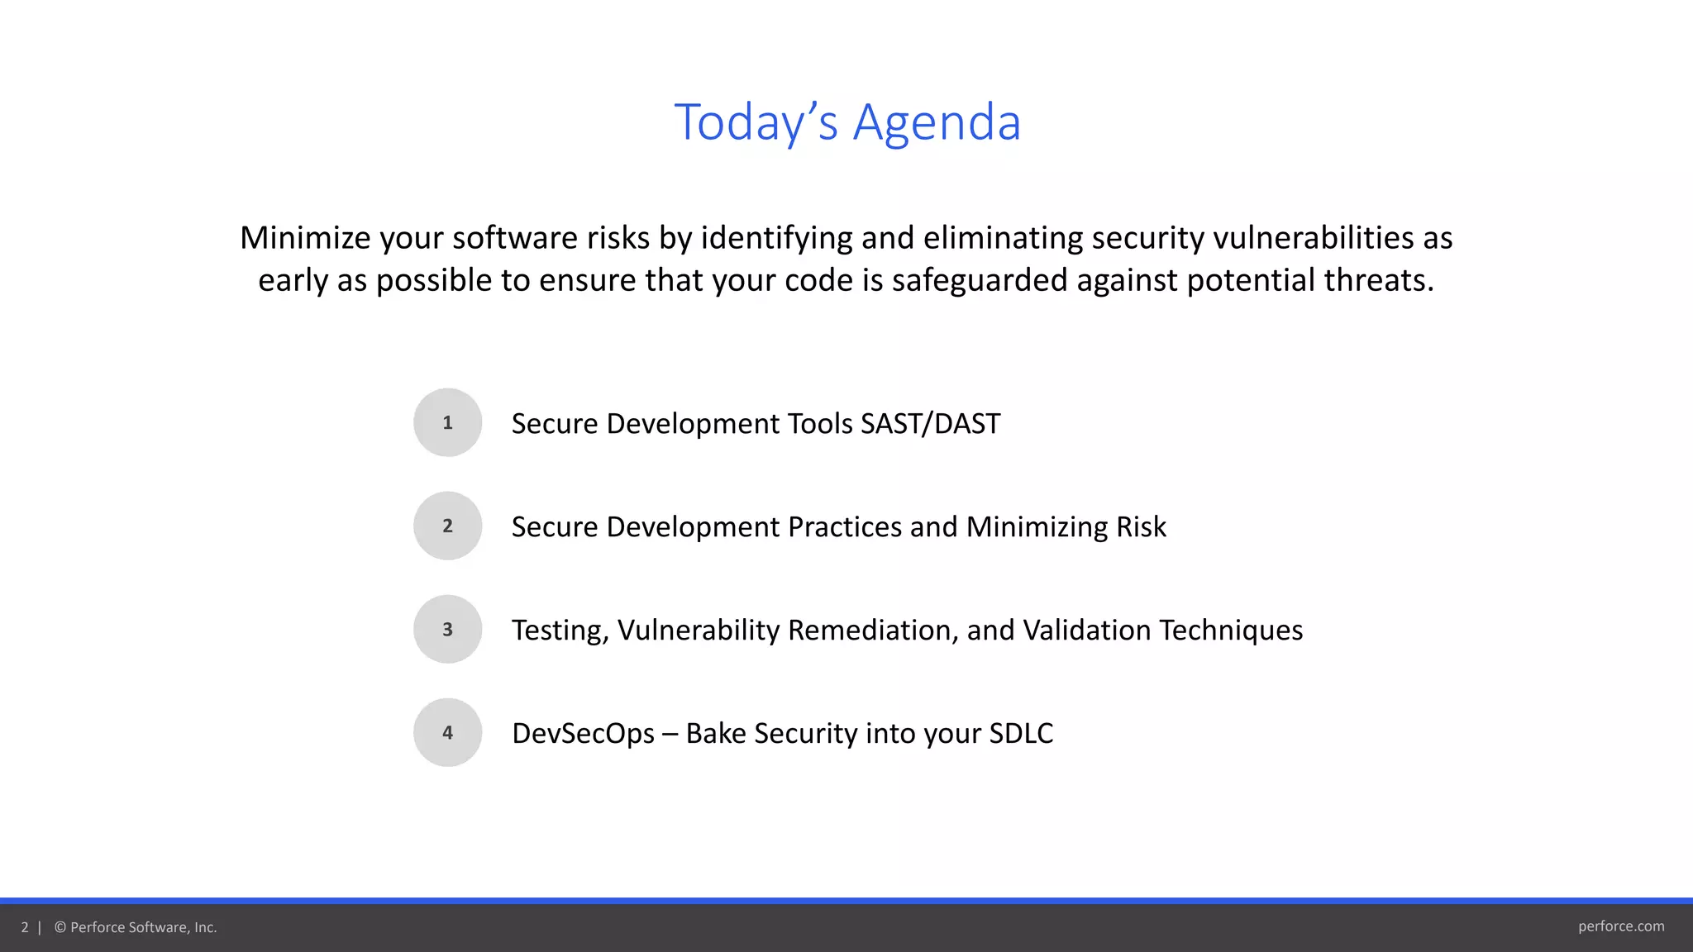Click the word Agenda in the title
point(937,122)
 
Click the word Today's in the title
point(756,122)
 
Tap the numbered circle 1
point(447,422)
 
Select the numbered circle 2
point(447,526)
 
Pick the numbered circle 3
point(447,629)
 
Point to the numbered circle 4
point(447,732)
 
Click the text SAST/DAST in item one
point(930,424)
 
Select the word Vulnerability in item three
point(699,631)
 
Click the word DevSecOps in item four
point(583,734)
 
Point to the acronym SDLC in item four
point(1021,734)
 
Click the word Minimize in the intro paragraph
point(305,238)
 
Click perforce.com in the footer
point(1620,926)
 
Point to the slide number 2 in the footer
point(25,927)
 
